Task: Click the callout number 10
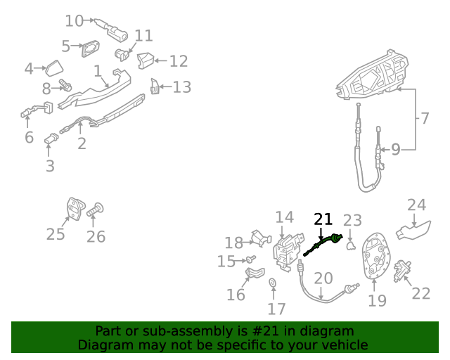pos(74,21)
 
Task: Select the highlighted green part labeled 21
pos(324,244)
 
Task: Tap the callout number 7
pos(424,117)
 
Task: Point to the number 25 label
pos(56,234)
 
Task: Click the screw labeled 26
pos(96,210)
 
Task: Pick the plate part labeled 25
pos(75,208)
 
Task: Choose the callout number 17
pos(276,308)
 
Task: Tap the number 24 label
pos(417,205)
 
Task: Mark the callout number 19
pos(377,300)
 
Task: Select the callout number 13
pos(182,87)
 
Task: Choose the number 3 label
pos(50,167)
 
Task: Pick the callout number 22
pos(420,293)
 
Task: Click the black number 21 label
pos(323,219)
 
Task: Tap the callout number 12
pos(179,61)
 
